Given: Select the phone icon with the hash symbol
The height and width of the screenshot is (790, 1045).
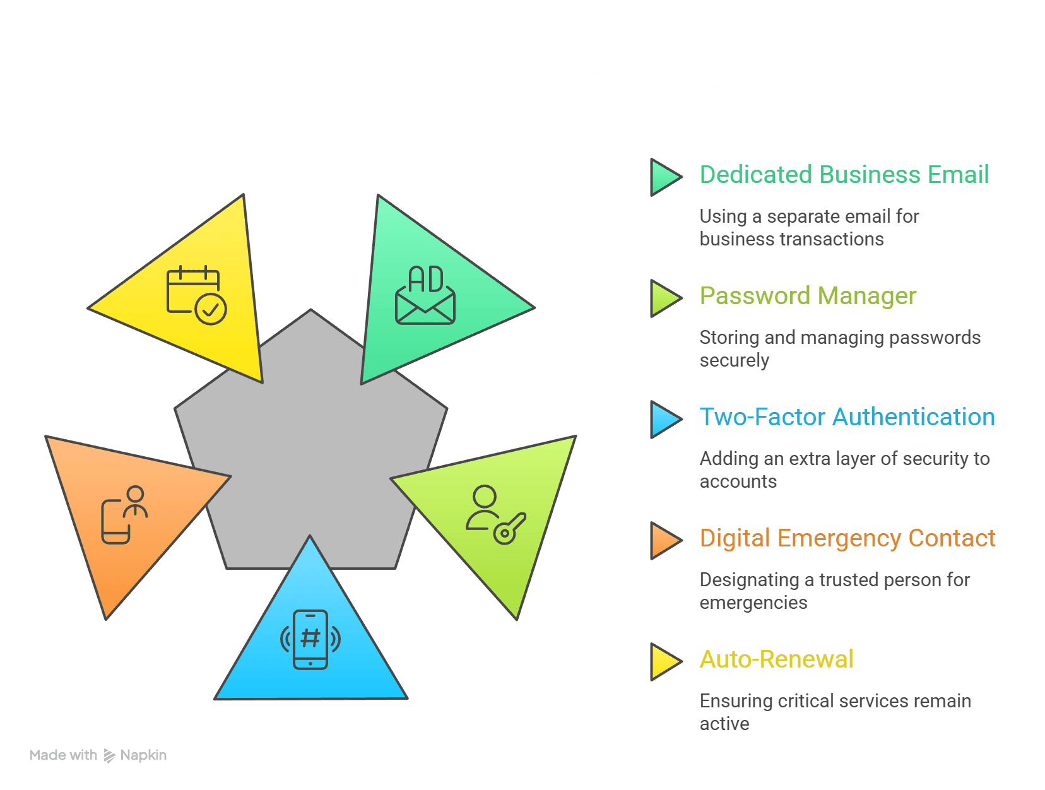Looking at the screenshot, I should coord(310,639).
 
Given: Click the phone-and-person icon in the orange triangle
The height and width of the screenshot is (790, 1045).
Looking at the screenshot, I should coord(124,514).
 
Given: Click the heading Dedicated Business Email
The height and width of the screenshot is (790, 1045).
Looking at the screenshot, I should coord(844,175).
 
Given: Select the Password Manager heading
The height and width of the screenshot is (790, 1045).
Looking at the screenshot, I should coord(808,296).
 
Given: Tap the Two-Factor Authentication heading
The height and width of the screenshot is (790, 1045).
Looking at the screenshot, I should coord(847,417).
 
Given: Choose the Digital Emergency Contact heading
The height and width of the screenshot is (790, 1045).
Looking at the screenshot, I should coord(847,538).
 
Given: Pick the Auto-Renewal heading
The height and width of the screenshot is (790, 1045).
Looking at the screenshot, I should coord(776,659).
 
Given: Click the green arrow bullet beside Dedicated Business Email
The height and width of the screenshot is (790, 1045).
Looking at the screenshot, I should coord(666,177).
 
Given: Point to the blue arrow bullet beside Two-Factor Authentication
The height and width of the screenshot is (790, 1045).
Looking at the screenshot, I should coord(666,420).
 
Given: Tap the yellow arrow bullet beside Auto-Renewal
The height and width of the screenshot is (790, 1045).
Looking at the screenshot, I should coord(666,662).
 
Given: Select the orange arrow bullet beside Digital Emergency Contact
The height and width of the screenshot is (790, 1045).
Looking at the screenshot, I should coord(666,541).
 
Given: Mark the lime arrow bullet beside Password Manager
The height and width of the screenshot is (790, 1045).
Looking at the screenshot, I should coord(666,298).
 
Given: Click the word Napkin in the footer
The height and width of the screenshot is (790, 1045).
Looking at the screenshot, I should coord(143,755).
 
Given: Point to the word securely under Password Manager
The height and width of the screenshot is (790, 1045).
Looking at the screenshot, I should coord(734,361).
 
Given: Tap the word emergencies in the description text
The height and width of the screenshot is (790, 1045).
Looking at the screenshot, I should coord(753,603).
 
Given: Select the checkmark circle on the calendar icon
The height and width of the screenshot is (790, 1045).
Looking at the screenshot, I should coord(211,309).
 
